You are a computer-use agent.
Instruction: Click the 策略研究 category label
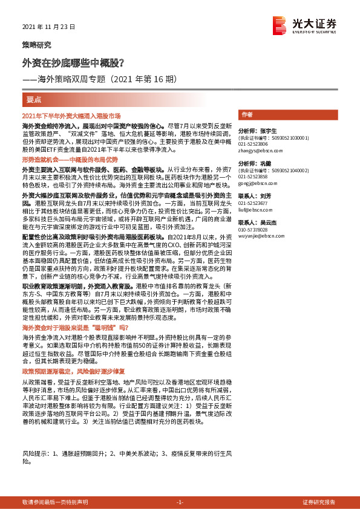(x=36, y=45)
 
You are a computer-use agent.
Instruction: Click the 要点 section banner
(x=34, y=98)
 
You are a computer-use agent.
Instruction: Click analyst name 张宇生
(x=267, y=131)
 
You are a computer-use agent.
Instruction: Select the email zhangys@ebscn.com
(x=260, y=151)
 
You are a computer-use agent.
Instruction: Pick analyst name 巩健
(x=265, y=164)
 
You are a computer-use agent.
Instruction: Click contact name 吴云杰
(x=267, y=222)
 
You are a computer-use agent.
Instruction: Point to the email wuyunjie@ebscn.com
(x=260, y=236)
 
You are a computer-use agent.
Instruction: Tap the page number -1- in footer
(x=180, y=502)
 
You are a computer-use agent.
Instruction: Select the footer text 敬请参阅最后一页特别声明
(x=54, y=502)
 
